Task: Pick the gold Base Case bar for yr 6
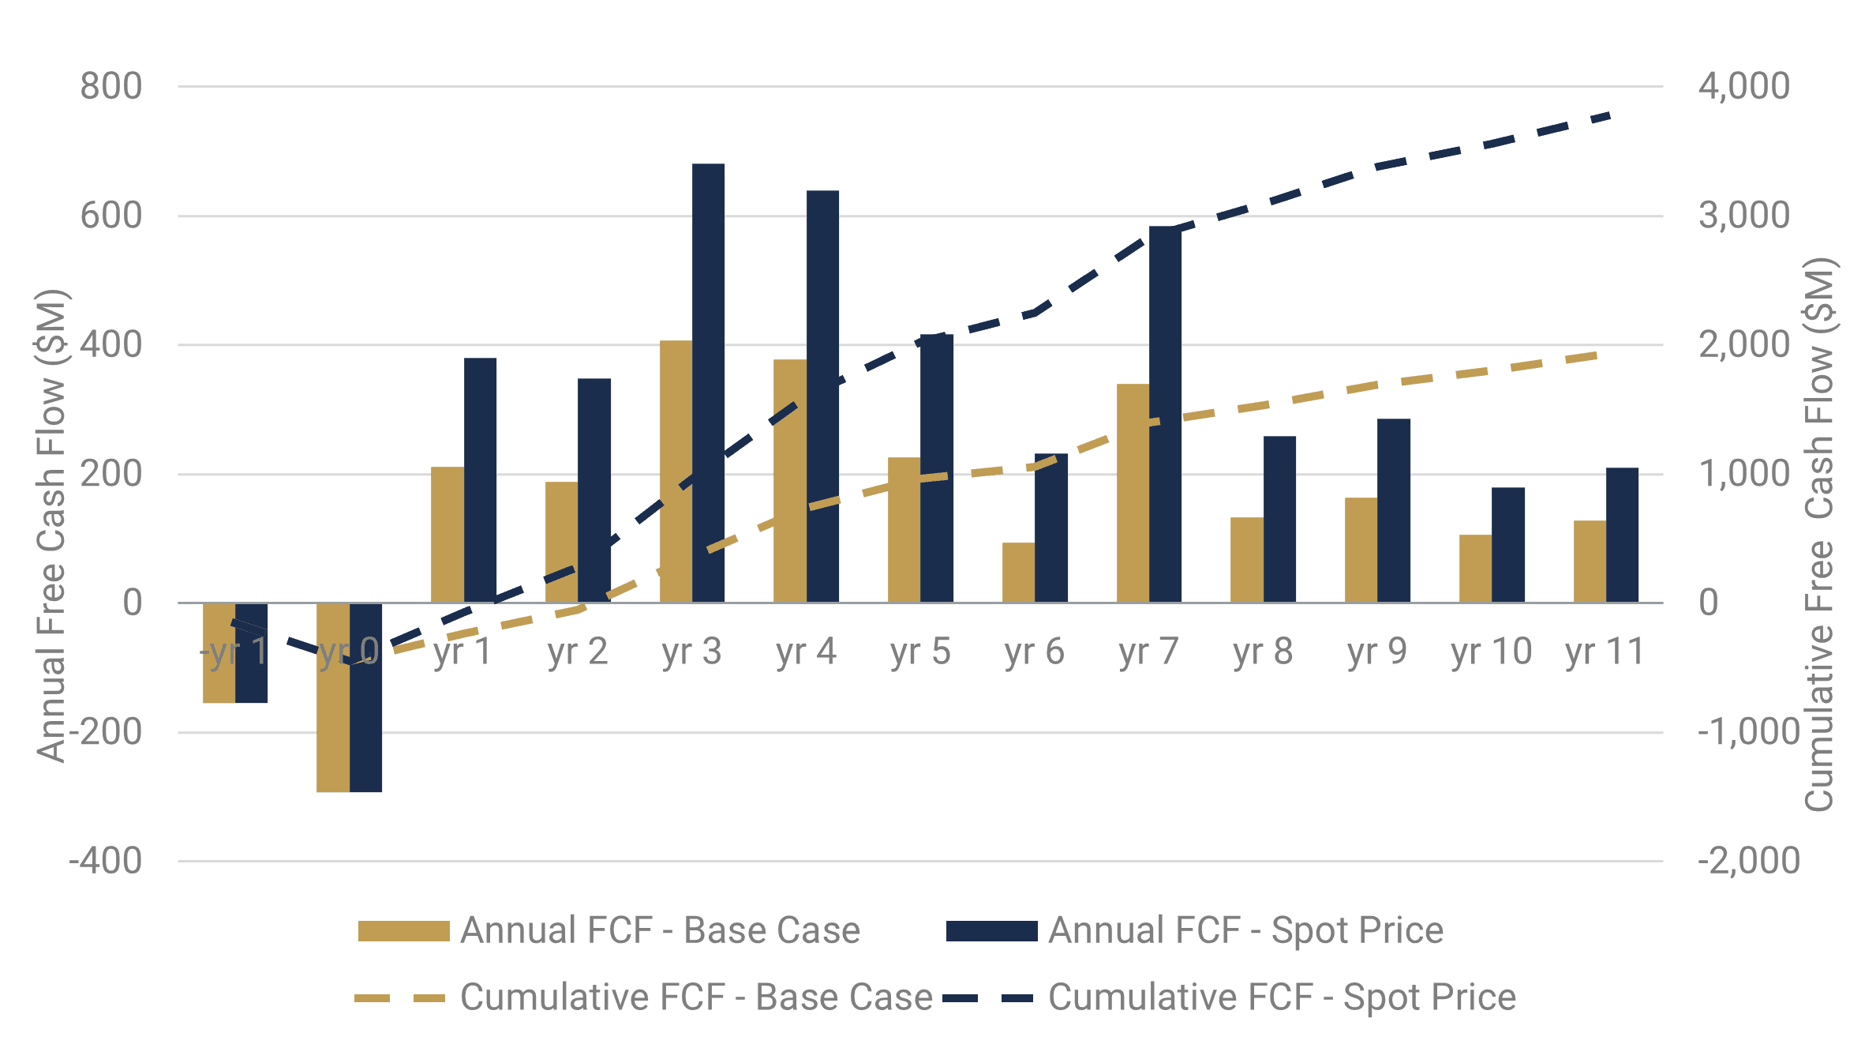pos(1018,573)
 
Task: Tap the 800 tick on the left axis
pos(111,86)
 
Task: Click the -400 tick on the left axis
pos(106,861)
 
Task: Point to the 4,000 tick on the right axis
pos(1744,86)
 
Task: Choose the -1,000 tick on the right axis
pos(1749,732)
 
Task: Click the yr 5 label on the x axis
pos(920,652)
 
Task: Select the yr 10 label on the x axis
pos(1491,652)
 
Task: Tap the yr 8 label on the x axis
pos(1263,652)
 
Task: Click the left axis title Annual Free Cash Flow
pos(52,525)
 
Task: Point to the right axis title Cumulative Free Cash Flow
pos(1820,533)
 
